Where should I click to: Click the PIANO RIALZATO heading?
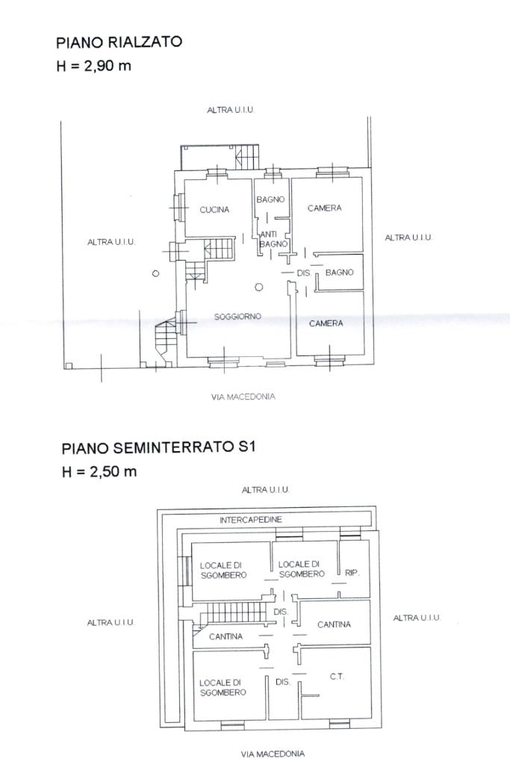[x=119, y=42]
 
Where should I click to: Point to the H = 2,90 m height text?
[x=93, y=66]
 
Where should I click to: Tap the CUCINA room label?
[x=214, y=210]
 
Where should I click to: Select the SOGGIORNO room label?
[x=237, y=317]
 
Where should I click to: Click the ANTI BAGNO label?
[x=274, y=239]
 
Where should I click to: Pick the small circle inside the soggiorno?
[x=258, y=288]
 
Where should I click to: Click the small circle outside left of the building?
[x=155, y=273]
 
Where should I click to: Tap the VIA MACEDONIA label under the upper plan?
[x=243, y=397]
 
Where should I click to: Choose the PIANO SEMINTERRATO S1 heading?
[x=159, y=447]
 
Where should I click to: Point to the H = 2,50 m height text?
[x=99, y=471]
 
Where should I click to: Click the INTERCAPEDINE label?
[x=251, y=520]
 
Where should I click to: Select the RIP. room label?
[x=352, y=573]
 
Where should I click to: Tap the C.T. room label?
[x=337, y=677]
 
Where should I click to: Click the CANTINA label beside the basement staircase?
[x=226, y=636]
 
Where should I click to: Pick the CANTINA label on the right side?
[x=334, y=624]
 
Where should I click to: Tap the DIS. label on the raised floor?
[x=304, y=273]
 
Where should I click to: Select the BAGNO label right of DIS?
[x=340, y=273]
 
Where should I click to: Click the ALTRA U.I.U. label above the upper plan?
[x=231, y=110]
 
